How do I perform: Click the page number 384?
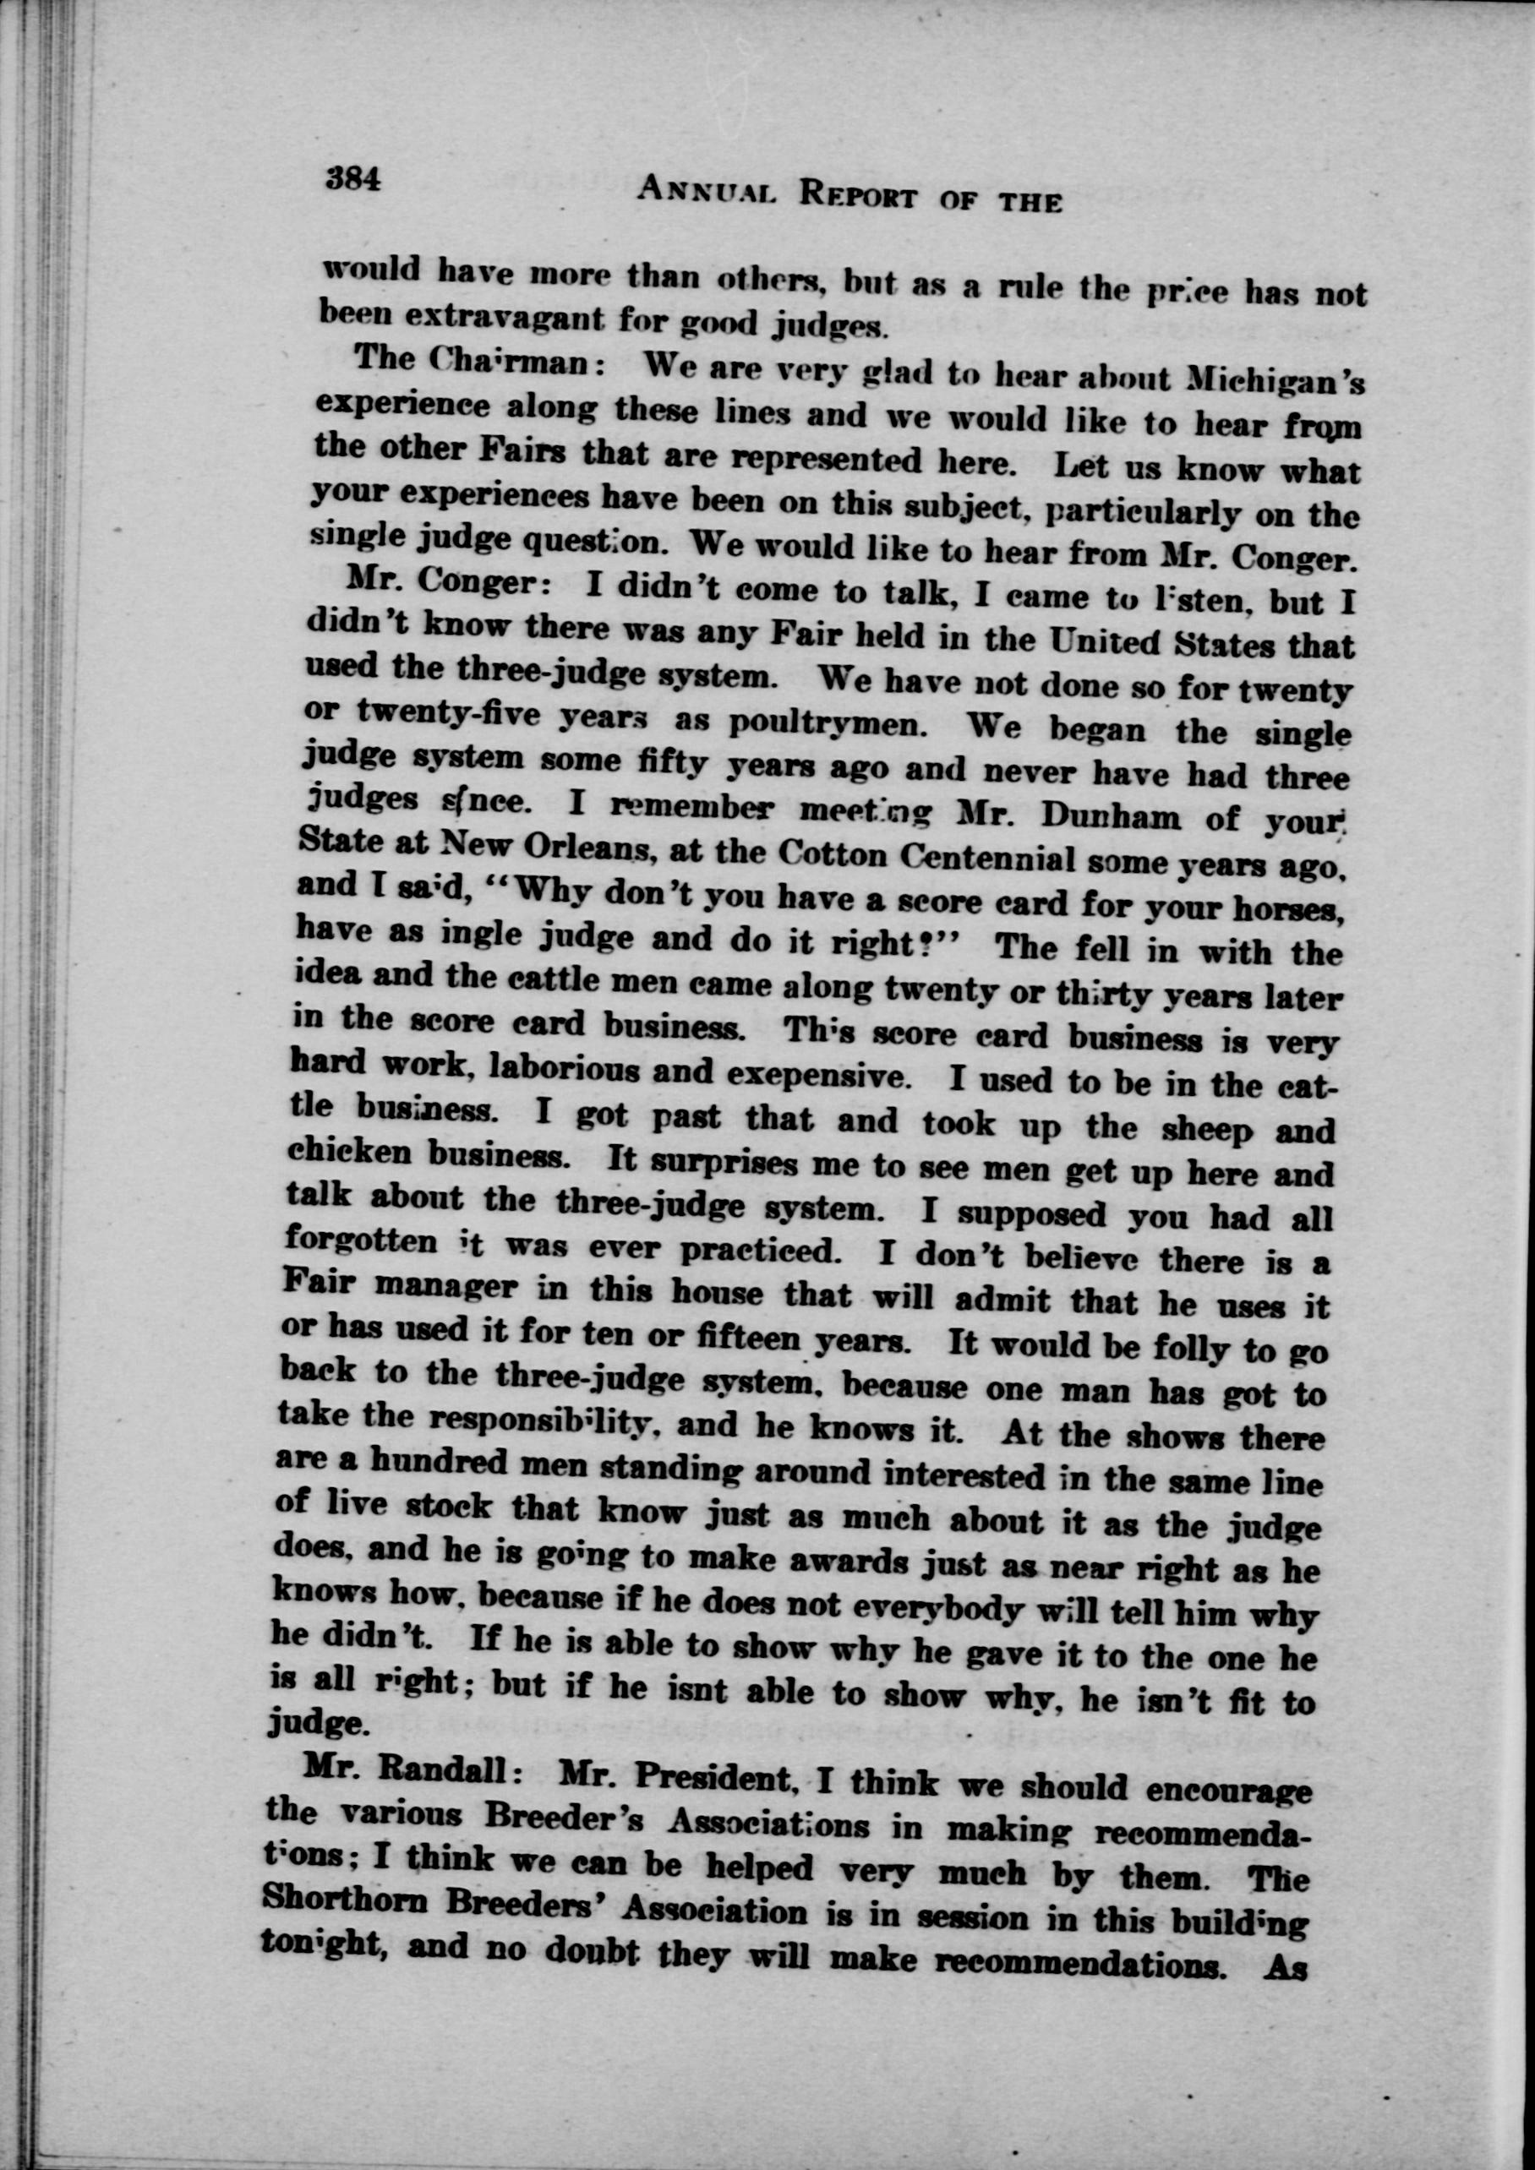pyautogui.click(x=352, y=177)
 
